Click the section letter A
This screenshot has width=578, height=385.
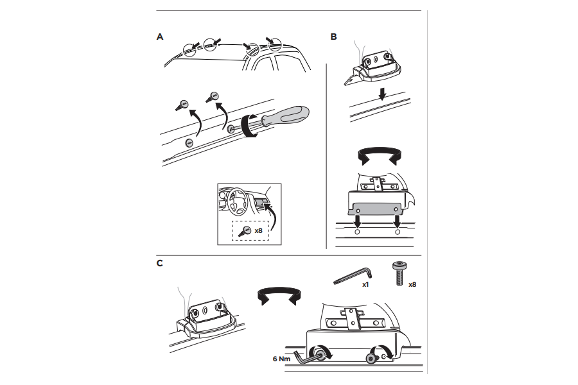160,37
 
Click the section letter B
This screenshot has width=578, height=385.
333,37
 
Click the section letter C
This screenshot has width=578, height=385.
160,263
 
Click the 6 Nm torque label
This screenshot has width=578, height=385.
281,359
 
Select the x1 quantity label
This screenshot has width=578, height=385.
365,285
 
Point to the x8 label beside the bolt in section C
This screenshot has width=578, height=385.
412,284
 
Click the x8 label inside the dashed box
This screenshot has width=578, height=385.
258,230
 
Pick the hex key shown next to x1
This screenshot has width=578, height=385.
353,276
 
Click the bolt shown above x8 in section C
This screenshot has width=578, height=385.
398,273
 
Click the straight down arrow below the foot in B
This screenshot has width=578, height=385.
383,95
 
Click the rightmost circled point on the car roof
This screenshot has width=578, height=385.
275,45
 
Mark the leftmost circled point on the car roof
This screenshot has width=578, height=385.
189,50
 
